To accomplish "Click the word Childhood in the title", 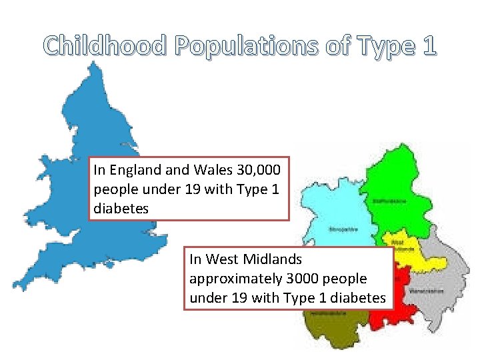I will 105,46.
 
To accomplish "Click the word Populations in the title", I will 248,46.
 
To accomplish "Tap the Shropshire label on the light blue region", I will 342,229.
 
